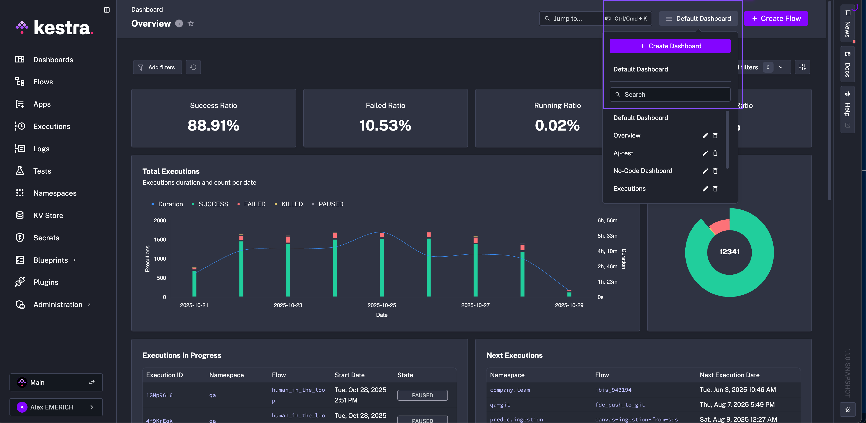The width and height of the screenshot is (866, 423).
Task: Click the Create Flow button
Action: [x=776, y=18]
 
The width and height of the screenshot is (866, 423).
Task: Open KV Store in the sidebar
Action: [x=48, y=216]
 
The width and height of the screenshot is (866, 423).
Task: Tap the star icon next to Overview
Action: [x=191, y=23]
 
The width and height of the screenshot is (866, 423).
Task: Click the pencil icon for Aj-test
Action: [x=705, y=153]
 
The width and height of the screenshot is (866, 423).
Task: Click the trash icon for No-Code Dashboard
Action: [x=715, y=171]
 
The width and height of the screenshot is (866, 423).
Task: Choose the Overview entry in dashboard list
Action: [x=627, y=136]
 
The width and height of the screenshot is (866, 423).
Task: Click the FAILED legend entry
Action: [x=254, y=204]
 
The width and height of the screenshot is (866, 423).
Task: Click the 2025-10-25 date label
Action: [x=382, y=305]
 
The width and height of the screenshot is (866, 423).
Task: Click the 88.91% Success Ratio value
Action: [x=214, y=125]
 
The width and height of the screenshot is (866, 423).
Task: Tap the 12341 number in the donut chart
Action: [x=729, y=252]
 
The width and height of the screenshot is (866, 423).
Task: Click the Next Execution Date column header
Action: [x=729, y=375]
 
